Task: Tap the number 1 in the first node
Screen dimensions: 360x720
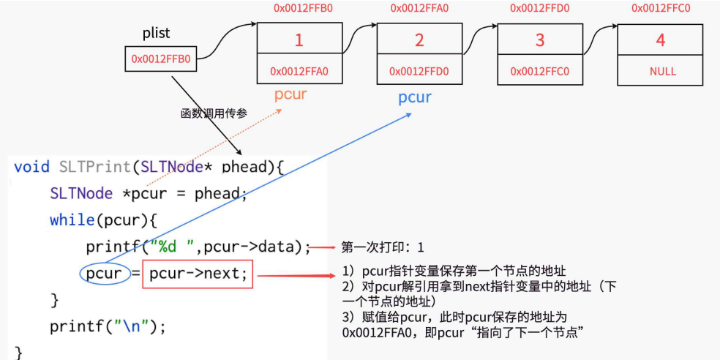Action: click(299, 41)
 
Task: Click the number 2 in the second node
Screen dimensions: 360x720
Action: click(419, 41)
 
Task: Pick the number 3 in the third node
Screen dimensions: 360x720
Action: click(540, 41)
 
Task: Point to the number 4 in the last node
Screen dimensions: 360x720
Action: click(661, 41)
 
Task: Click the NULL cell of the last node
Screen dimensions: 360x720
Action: click(662, 72)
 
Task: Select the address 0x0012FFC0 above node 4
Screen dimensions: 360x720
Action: click(661, 9)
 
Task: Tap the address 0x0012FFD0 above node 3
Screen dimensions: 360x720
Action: click(540, 9)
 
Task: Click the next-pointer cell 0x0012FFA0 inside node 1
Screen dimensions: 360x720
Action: click(299, 72)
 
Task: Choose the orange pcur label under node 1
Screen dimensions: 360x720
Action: click(290, 95)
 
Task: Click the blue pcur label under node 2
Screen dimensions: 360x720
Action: click(415, 98)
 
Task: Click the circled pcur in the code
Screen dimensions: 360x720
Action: click(103, 274)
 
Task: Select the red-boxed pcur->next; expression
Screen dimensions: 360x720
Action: click(198, 274)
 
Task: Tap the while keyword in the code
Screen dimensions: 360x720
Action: click(68, 220)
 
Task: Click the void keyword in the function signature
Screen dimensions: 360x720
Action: click(32, 167)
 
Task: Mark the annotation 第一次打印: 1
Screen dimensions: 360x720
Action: click(382, 247)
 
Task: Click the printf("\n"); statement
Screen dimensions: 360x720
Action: click(108, 326)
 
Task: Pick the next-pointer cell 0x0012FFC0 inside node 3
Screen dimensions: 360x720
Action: click(540, 72)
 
